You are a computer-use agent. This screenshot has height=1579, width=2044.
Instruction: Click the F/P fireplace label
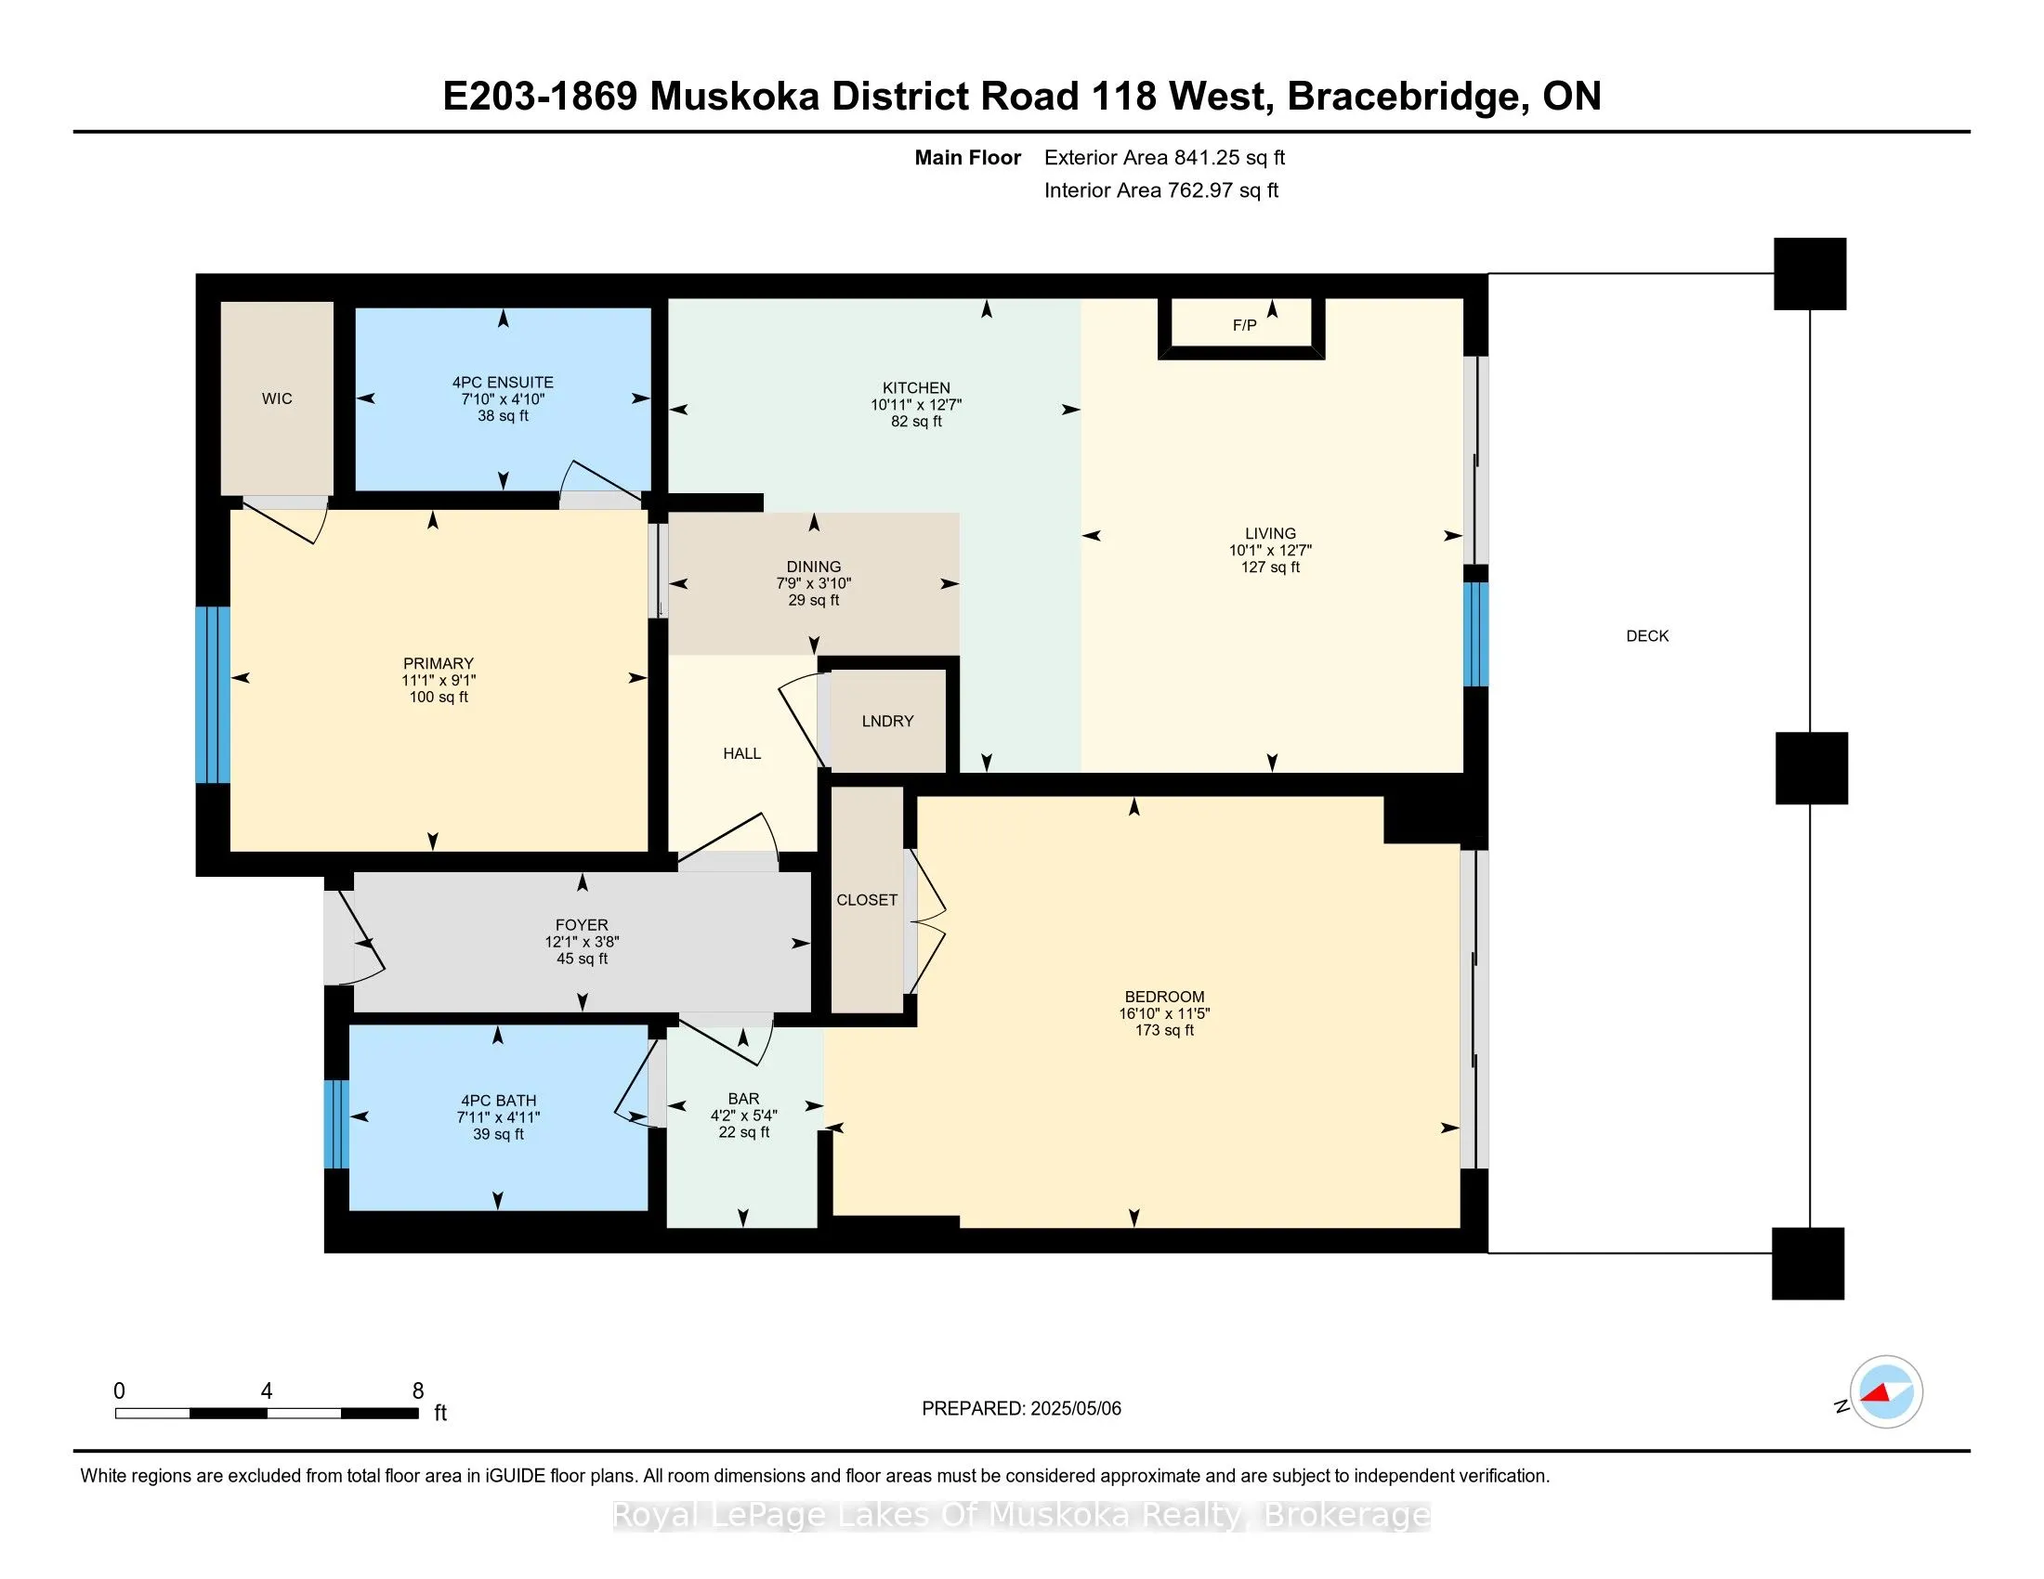(1244, 325)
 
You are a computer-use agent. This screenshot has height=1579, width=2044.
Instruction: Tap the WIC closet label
(277, 398)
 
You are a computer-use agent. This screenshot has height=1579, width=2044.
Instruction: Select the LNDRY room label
(887, 721)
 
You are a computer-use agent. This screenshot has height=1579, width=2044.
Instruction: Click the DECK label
(1647, 636)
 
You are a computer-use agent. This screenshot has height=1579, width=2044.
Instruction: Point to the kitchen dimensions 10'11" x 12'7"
(916, 405)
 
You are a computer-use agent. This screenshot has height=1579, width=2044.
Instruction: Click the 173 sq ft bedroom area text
(1164, 1030)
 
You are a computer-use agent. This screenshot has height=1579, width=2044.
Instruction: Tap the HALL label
(742, 754)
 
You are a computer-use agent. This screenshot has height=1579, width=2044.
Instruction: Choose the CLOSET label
(867, 900)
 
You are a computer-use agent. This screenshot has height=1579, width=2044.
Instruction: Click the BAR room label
(744, 1098)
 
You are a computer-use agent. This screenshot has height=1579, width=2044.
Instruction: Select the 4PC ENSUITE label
(503, 382)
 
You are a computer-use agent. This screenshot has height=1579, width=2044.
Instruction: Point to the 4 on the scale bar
(267, 1391)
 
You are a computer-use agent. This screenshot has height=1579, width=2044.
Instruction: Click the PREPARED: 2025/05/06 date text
(1021, 1409)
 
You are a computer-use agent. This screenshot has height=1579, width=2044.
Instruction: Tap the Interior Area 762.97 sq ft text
(1160, 190)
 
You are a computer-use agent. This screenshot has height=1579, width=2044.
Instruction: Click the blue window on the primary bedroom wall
(213, 694)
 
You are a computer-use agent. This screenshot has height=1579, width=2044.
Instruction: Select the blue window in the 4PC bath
(337, 1125)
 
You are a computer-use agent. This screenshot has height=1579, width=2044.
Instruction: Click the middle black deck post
(1811, 768)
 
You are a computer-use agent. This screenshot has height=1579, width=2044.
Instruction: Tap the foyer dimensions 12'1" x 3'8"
(583, 942)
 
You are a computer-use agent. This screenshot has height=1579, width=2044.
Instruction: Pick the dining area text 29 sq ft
(813, 601)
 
